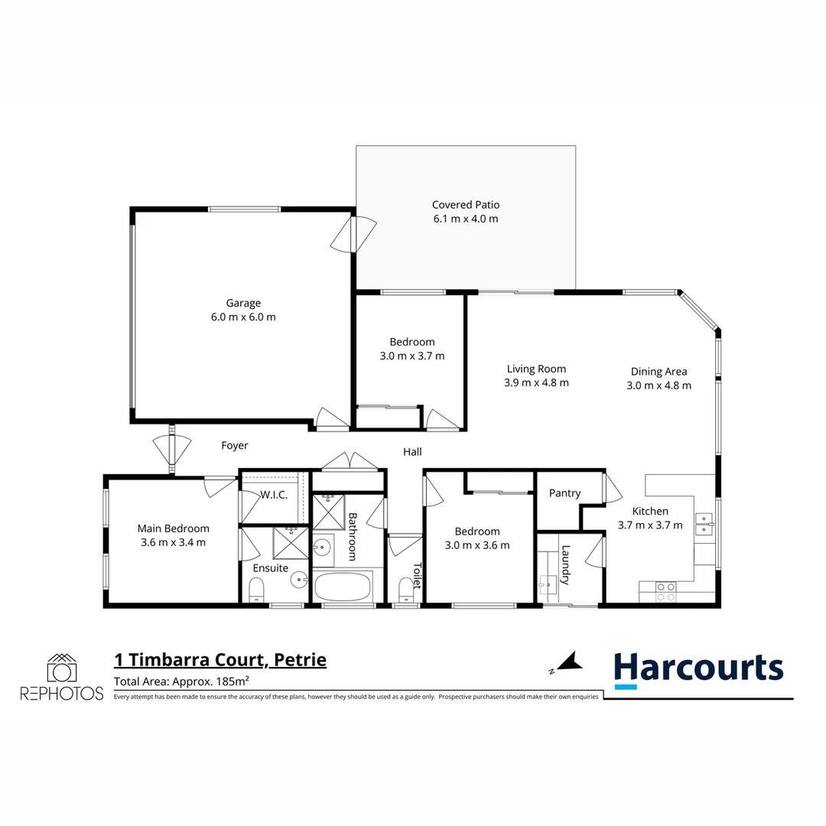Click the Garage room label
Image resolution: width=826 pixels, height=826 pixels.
click(242, 303)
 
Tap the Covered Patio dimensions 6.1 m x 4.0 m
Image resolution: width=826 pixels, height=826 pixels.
click(465, 219)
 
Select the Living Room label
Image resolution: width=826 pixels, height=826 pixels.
click(536, 369)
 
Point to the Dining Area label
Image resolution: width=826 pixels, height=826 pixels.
click(659, 372)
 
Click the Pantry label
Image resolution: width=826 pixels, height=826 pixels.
click(564, 493)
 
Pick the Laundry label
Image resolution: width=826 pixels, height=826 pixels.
click(566, 564)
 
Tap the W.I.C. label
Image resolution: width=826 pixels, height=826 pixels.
click(273, 495)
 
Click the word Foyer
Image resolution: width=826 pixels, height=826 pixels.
click(234, 445)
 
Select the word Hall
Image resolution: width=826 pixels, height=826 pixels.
click(412, 452)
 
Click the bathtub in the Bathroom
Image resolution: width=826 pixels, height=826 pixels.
click(342, 587)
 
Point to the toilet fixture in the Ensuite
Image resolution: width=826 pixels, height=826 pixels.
click(256, 589)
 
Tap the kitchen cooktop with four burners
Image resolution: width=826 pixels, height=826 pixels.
click(665, 591)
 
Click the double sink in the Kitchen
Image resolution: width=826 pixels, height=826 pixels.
click(704, 523)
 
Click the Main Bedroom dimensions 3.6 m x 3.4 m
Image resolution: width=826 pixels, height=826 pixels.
click(173, 542)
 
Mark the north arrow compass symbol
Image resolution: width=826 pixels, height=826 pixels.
click(565, 662)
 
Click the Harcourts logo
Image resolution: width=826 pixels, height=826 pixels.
click(699, 669)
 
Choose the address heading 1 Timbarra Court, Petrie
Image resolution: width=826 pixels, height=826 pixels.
click(220, 659)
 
